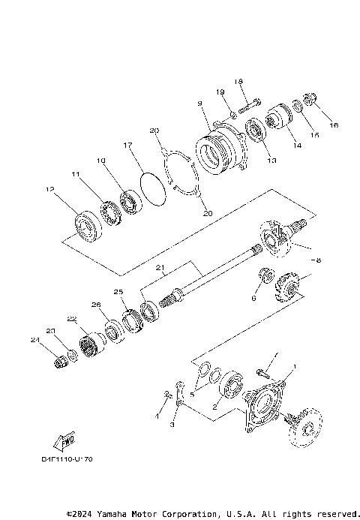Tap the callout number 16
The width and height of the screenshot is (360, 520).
tap(334, 125)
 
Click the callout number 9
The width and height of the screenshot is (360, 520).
tap(200, 104)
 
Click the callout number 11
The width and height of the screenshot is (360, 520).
tap(76, 174)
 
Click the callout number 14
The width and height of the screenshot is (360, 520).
tap(298, 145)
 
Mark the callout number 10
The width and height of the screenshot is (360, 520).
tap(100, 161)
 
